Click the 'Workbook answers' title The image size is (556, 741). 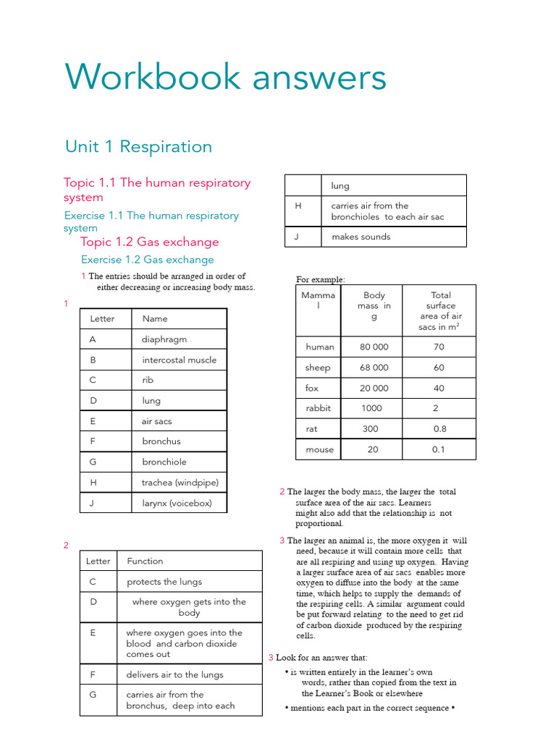225,77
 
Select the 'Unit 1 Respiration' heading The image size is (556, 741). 138,147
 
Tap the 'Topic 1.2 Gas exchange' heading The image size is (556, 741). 149,242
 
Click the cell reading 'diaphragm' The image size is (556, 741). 164,339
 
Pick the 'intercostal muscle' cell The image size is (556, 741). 179,360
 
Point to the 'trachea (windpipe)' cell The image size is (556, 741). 180,483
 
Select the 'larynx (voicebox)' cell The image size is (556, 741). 177,503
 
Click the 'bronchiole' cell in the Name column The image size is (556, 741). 164,462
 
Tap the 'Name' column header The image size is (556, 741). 155,318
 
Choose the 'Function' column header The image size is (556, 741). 145,561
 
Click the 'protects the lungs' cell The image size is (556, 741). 164,582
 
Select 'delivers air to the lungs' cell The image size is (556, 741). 174,674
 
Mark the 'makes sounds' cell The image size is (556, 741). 361,237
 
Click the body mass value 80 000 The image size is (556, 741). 374,347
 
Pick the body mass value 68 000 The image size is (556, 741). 374,368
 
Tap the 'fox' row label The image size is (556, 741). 312,388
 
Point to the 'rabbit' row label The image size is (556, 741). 318,408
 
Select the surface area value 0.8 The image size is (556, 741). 439,428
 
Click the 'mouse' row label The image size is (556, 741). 319,449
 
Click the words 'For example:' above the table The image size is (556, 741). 321,279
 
